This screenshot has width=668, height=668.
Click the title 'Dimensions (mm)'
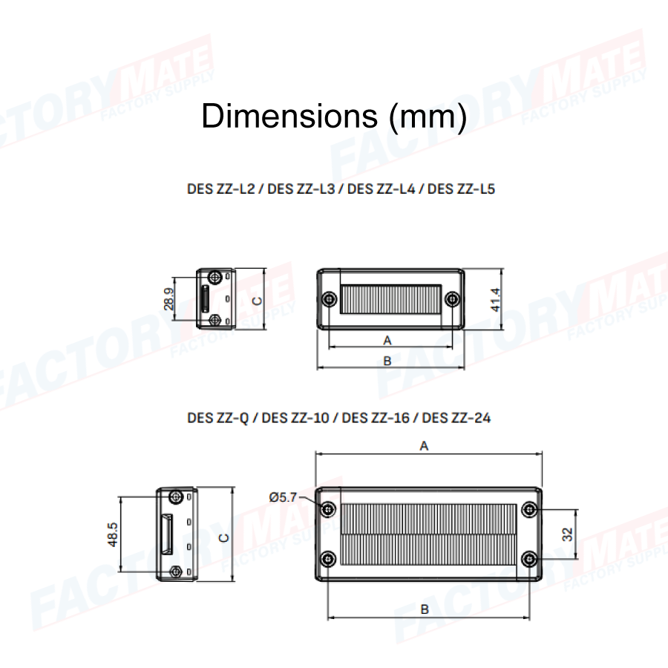point(335,116)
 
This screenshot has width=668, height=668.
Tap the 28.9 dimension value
point(168,298)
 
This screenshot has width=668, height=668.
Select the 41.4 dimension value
point(496,300)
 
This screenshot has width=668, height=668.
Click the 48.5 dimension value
point(113,534)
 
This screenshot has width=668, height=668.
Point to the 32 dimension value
point(568,534)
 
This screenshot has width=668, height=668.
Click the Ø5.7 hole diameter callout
point(283,497)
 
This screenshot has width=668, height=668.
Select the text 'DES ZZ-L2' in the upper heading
point(220,189)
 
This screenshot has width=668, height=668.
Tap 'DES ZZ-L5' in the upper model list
point(461,189)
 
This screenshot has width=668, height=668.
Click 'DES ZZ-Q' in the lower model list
point(217,418)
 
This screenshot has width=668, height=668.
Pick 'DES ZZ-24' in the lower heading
point(456,418)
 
